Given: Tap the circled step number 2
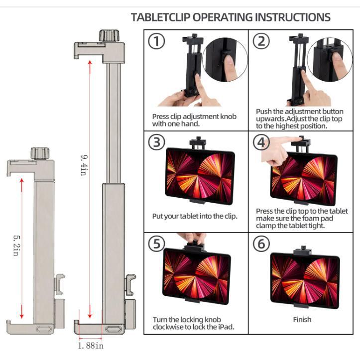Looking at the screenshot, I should (x=261, y=42).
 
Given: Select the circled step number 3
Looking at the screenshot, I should (x=156, y=142).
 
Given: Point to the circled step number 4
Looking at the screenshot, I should (x=261, y=142).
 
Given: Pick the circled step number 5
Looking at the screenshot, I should (x=156, y=244).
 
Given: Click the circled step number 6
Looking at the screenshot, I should (x=261, y=244).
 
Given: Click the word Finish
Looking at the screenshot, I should (x=302, y=319).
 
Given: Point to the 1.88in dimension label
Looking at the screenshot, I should (x=91, y=345).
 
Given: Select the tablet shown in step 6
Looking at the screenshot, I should (x=304, y=280).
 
